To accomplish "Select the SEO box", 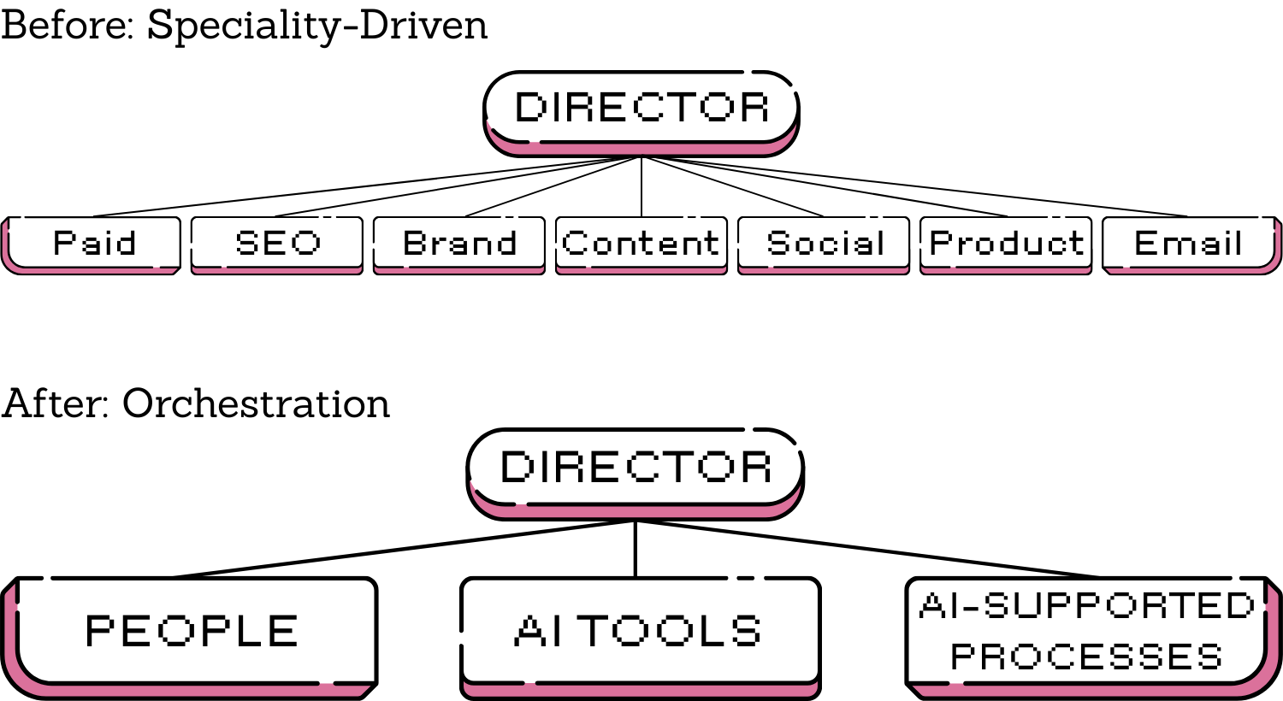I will [277, 244].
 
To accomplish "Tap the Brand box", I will [459, 244].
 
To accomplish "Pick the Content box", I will [641, 244].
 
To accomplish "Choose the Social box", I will [824, 244].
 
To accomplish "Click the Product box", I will [1006, 244].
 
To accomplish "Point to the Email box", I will [1189, 244].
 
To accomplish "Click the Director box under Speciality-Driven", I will [641, 108].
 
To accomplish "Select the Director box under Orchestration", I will [636, 468].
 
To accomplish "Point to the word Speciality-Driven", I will [317, 26].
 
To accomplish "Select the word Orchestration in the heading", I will [256, 404].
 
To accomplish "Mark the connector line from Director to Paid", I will [368, 187].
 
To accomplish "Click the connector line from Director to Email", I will [915, 187].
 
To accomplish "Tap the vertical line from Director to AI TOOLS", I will [636, 549].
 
